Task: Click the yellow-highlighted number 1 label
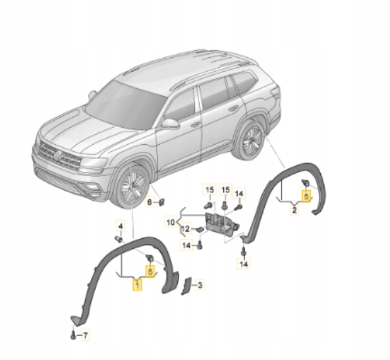[136, 284]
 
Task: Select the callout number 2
[294, 210]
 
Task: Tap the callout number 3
[200, 284]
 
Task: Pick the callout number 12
[185, 228]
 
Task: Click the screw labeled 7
[71, 335]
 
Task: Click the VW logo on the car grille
[57, 155]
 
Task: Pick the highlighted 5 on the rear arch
[306, 195]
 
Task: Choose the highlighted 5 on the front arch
[151, 270]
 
